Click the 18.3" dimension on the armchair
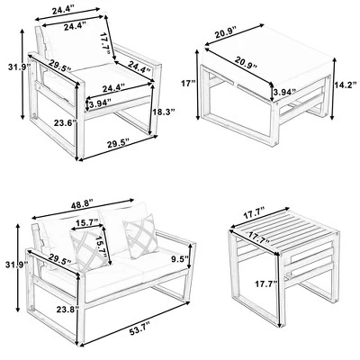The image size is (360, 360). point(164,112)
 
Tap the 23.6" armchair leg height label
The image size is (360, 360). point(65,122)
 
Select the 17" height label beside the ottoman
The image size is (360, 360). point(189,83)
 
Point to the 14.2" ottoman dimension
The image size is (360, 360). point(346,85)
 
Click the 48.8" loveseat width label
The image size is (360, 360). point(82,206)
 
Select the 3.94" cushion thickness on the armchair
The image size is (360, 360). point(101,103)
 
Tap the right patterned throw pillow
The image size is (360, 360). point(141,236)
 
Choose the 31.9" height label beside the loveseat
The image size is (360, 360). point(17,265)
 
